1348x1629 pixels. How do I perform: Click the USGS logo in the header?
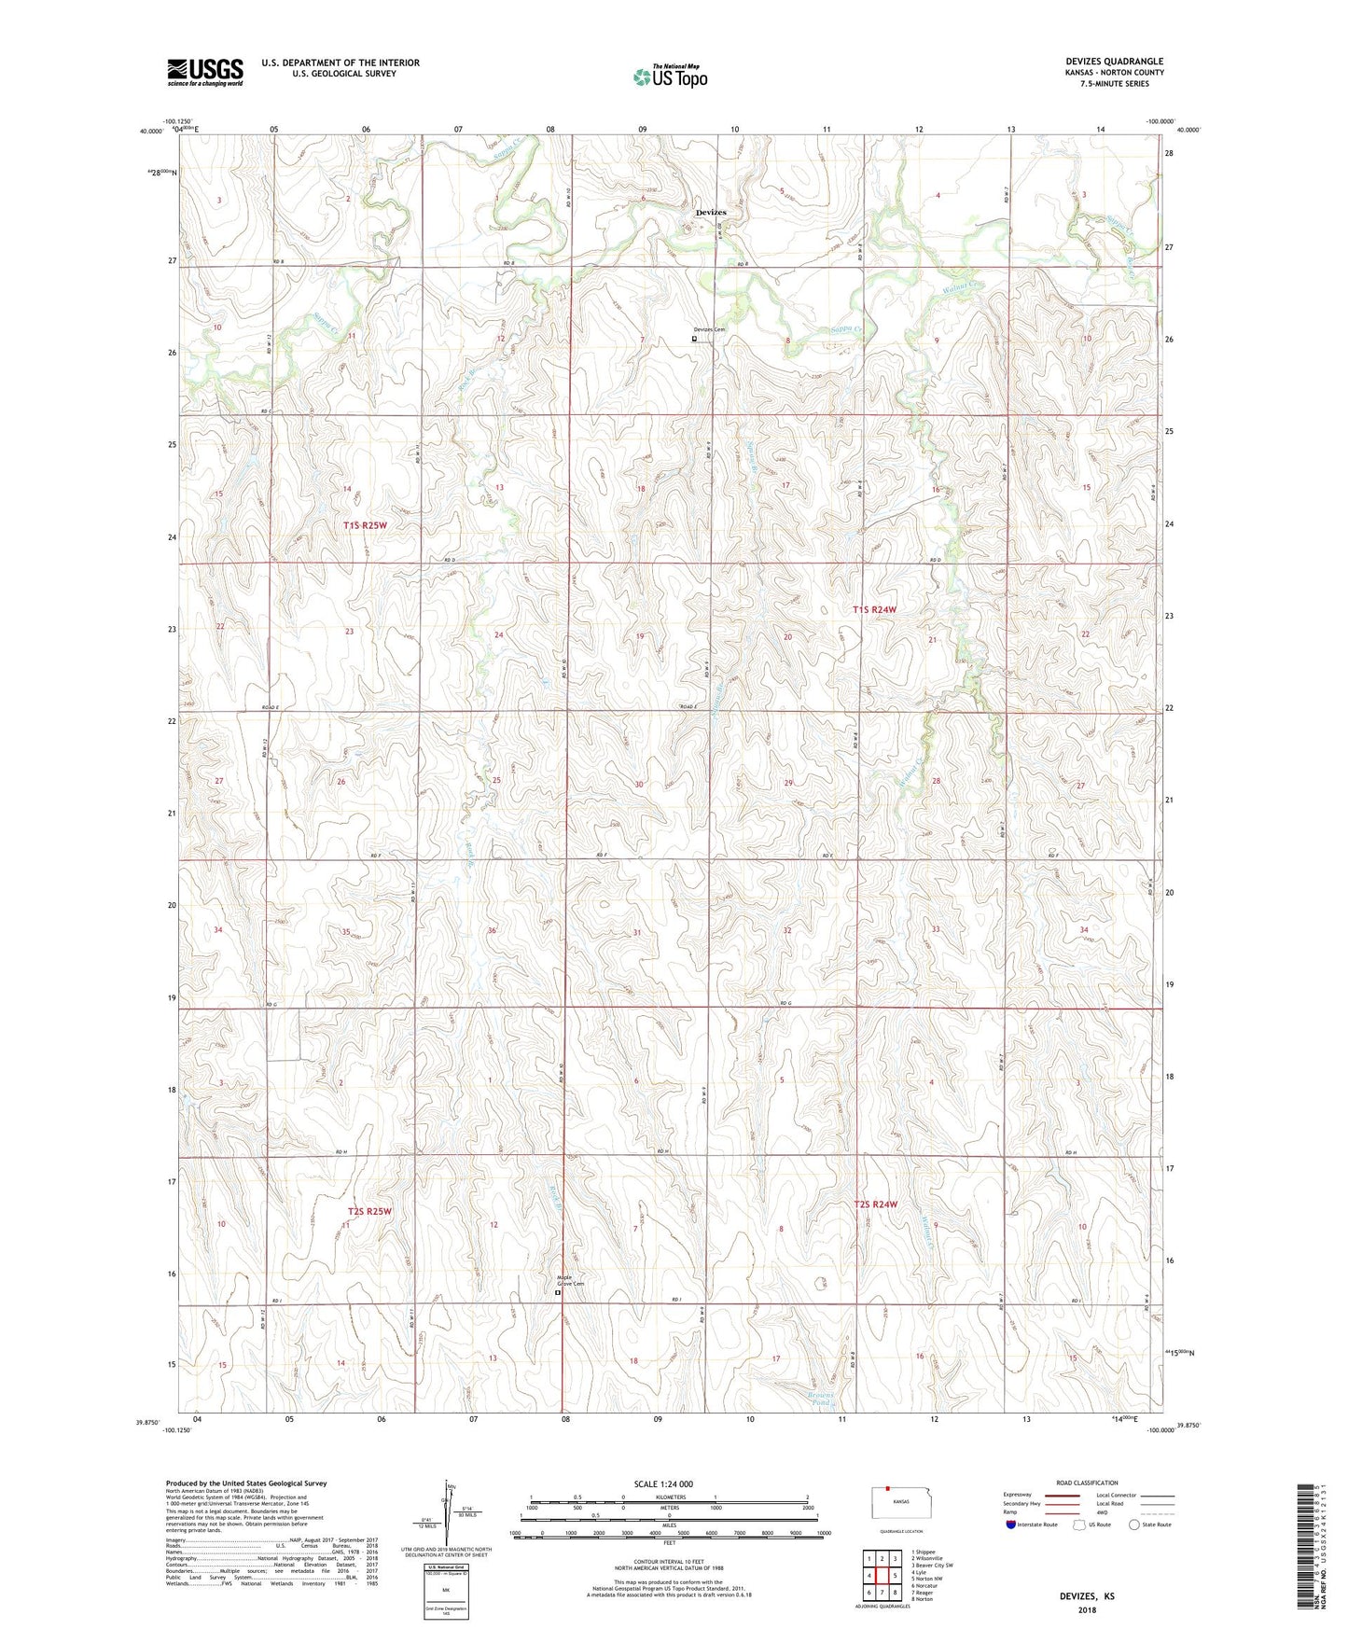pyautogui.click(x=205, y=72)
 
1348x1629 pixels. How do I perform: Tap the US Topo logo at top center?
pyautogui.click(x=670, y=77)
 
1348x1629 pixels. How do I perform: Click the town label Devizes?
pyautogui.click(x=711, y=213)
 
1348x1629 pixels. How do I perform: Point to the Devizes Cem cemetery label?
pyautogui.click(x=708, y=329)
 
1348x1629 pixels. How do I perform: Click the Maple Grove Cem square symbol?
pyautogui.click(x=558, y=1294)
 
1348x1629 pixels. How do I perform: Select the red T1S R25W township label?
pyautogui.click(x=364, y=525)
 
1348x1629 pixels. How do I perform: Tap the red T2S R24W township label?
pyautogui.click(x=875, y=1204)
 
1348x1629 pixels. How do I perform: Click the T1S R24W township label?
pyautogui.click(x=874, y=609)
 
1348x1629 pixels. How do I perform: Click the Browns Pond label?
pyautogui.click(x=820, y=1399)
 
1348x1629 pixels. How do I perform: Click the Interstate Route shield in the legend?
pyautogui.click(x=1013, y=1525)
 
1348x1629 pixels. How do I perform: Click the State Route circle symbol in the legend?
pyautogui.click(x=1134, y=1525)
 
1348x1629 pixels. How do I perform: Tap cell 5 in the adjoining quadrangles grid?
pyautogui.click(x=895, y=1576)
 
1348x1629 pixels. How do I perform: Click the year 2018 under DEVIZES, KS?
pyautogui.click(x=1087, y=1609)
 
